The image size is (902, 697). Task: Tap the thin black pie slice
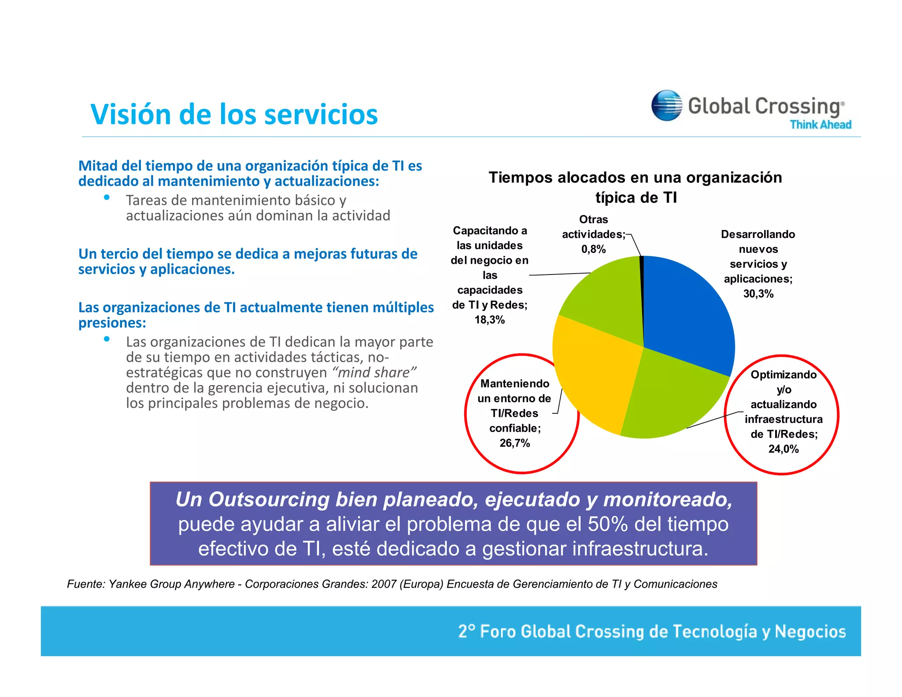pos(642,282)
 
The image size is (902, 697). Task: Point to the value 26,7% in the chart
pos(514,443)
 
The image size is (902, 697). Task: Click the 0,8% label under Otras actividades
pos(593,249)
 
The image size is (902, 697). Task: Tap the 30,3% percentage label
pos(758,294)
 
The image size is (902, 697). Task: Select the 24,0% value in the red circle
pos(783,449)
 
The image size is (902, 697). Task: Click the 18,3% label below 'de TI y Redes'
pos(489,320)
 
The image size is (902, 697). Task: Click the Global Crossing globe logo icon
pos(666,105)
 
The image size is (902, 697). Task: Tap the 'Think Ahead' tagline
pos(820,125)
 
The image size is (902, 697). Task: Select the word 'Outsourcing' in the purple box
pos(269,500)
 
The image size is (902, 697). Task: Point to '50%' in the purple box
pos(608,524)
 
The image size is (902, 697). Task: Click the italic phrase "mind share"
pos(374,373)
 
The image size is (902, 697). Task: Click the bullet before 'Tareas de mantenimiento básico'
pos(107,198)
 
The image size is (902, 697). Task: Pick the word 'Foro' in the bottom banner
pos(498,631)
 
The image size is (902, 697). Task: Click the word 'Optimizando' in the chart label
pos(783,375)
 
